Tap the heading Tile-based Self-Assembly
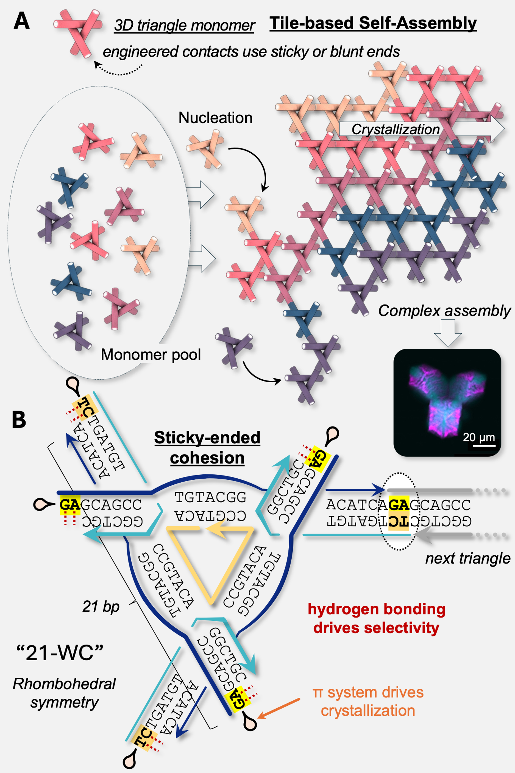click(373, 23)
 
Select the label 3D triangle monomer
click(185, 25)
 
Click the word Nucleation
click(215, 118)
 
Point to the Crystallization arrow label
click(396, 129)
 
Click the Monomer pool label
click(151, 354)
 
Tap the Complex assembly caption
click(444, 311)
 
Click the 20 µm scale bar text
click(478, 437)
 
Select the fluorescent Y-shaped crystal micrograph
click(447, 403)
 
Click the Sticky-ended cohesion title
click(207, 448)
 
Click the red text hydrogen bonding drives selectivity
click(376, 618)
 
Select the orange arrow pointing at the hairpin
click(279, 709)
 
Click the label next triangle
click(468, 558)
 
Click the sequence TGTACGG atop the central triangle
click(211, 497)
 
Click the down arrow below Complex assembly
click(448, 333)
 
